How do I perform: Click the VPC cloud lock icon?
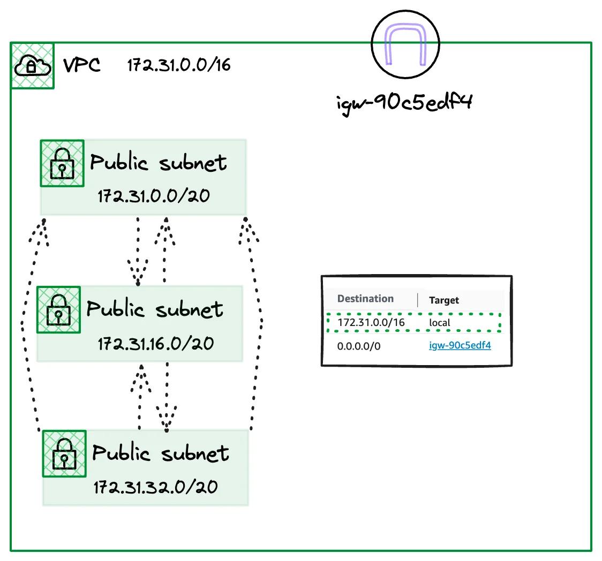(32, 66)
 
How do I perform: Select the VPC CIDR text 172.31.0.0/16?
(178, 65)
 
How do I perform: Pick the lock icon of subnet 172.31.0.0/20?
(62, 164)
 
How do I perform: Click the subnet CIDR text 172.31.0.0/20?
(153, 195)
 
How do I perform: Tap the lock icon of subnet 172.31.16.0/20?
(58, 310)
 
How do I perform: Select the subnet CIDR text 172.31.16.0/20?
(155, 343)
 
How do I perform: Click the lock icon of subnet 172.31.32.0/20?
(64, 454)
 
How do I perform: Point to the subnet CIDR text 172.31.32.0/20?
(155, 487)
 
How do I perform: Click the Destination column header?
(365, 299)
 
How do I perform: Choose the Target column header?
(444, 300)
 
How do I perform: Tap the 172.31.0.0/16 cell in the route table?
(371, 323)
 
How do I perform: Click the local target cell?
(440, 323)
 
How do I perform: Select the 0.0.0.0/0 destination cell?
(359, 346)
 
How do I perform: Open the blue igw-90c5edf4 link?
(460, 345)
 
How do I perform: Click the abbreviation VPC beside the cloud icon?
(82, 65)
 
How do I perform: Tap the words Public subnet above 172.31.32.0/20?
(161, 453)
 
